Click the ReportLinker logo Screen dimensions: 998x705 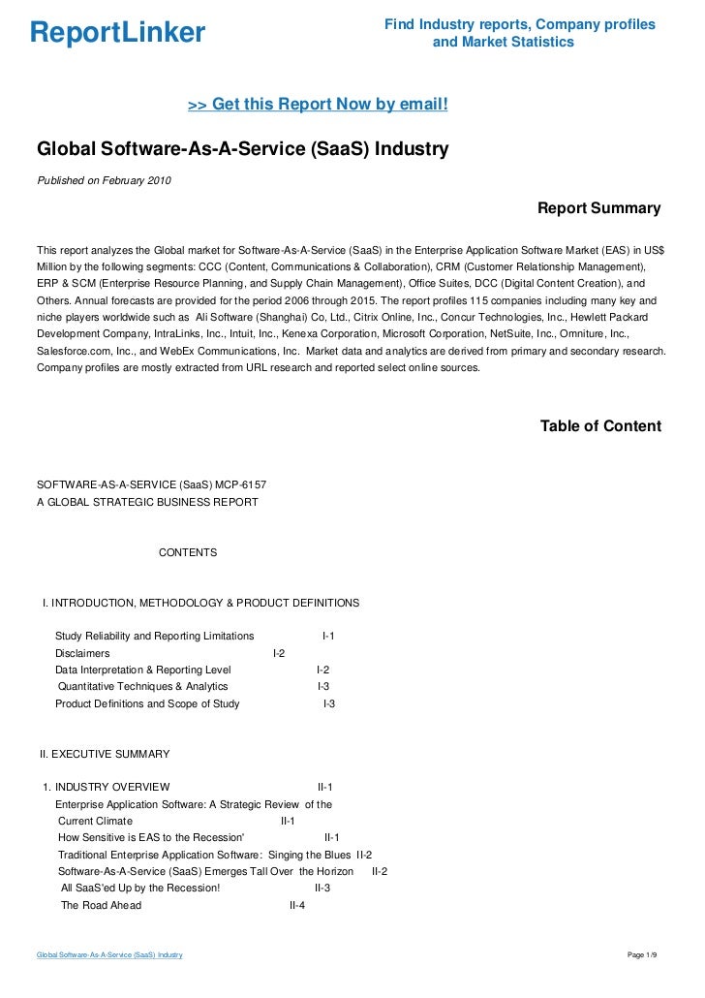coord(117,33)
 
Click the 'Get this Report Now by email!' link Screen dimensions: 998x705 coord(318,104)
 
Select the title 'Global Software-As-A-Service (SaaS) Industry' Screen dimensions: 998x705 coord(242,150)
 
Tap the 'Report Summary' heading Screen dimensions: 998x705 coord(598,208)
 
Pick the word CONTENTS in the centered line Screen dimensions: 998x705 coord(188,552)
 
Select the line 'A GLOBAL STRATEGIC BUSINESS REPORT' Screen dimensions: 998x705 coord(147,502)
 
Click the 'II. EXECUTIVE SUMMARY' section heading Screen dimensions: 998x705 coord(105,753)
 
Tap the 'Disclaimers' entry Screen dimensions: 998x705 coord(82,653)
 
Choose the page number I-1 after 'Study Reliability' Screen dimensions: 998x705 coord(328,636)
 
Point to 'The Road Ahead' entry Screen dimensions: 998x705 coord(101,905)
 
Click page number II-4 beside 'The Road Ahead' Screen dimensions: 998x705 coord(297,905)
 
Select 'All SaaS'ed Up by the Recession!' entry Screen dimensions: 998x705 coord(140,888)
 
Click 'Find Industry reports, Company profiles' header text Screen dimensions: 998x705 coord(519,24)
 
